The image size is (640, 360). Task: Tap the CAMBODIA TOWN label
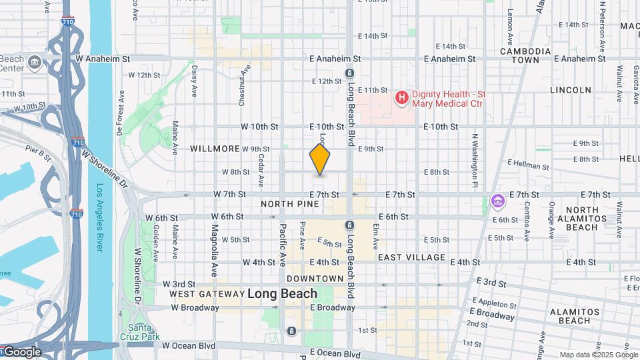(525, 55)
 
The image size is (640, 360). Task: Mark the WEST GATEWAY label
(207, 293)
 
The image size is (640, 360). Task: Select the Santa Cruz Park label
(140, 332)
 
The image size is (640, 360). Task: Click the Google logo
(21, 351)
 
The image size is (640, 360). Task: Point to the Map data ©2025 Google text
(597, 355)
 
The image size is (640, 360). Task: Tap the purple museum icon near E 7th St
(497, 201)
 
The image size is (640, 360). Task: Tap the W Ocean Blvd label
(193, 345)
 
